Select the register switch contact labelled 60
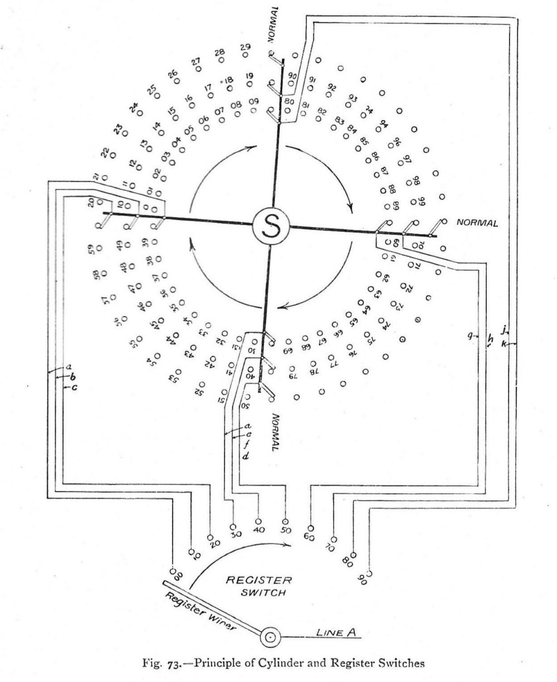click(310, 527)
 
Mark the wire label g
click(471, 335)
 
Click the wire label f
click(247, 444)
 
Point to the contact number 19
click(248, 76)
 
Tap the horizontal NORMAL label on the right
click(476, 222)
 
